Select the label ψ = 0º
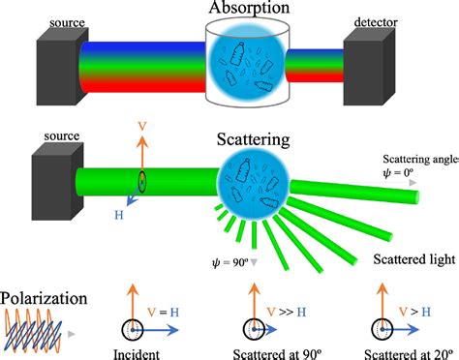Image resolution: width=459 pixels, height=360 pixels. pyautogui.click(x=399, y=175)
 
